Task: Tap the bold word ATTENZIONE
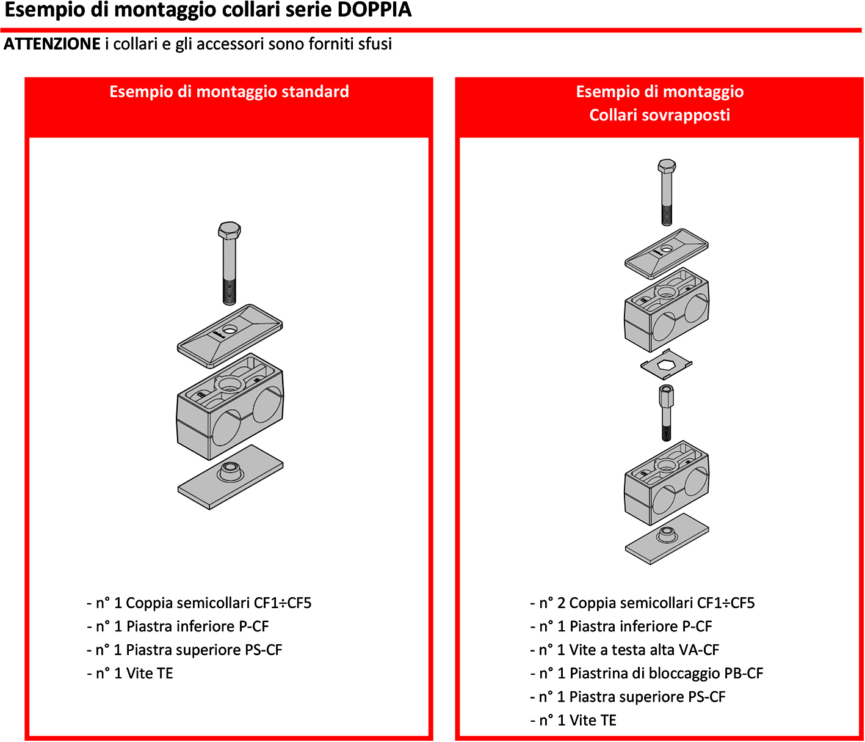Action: pos(52,44)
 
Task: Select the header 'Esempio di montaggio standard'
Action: pos(229,92)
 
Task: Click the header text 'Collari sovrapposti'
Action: pos(659,115)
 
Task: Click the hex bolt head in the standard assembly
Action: pos(230,230)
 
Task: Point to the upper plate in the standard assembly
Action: pos(230,336)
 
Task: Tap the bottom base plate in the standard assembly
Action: pos(230,477)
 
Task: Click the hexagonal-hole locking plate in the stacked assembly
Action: pos(666,365)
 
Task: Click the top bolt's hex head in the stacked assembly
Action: pos(667,166)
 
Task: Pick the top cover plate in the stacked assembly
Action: pos(666,253)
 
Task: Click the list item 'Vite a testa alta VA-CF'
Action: pos(629,650)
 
